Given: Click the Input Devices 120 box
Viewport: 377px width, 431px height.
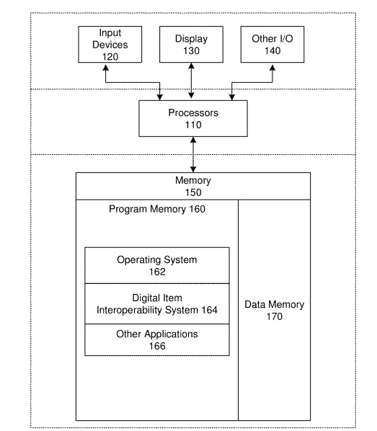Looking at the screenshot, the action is [110, 44].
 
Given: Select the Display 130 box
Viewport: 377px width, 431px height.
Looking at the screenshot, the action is [191, 44].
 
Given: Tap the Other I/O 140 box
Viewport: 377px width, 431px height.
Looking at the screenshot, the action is [272, 44].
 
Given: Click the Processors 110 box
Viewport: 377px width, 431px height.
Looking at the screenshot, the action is [193, 118].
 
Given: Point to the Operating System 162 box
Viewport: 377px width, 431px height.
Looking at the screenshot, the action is [157, 265].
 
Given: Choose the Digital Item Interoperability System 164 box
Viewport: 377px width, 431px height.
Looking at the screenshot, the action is [157, 303].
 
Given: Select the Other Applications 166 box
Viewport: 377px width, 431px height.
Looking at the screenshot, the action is [157, 339].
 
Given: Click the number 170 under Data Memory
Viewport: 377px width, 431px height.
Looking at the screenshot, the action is [275, 316].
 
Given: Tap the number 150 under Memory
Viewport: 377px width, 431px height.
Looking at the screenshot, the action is [193, 192].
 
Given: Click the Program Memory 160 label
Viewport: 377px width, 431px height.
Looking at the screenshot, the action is [157, 209].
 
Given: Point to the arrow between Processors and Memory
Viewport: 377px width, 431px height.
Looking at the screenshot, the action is [193, 155].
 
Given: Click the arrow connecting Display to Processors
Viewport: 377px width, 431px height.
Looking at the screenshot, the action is [192, 81].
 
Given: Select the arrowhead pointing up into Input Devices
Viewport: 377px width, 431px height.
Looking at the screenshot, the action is [105, 67].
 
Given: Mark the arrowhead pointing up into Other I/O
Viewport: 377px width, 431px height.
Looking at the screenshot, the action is [272, 67].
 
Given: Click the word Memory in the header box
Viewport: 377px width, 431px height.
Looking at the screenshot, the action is [193, 181].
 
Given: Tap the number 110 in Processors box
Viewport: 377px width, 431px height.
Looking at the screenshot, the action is [193, 125].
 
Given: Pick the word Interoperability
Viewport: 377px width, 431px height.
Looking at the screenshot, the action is [129, 310].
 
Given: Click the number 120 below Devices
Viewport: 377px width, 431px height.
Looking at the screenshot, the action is [110, 57].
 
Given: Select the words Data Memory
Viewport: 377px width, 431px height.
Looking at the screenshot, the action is [275, 305].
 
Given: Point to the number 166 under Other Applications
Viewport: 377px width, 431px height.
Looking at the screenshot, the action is [157, 346].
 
